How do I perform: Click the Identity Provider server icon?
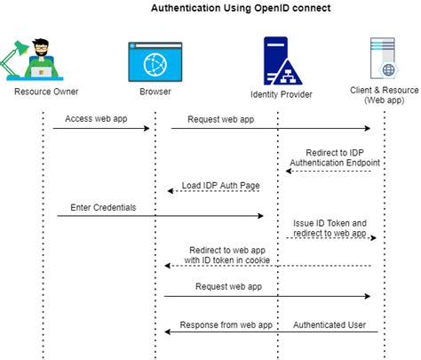[274, 61]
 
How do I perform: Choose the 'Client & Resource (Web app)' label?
[385, 95]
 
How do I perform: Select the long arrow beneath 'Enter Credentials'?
[160, 216]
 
